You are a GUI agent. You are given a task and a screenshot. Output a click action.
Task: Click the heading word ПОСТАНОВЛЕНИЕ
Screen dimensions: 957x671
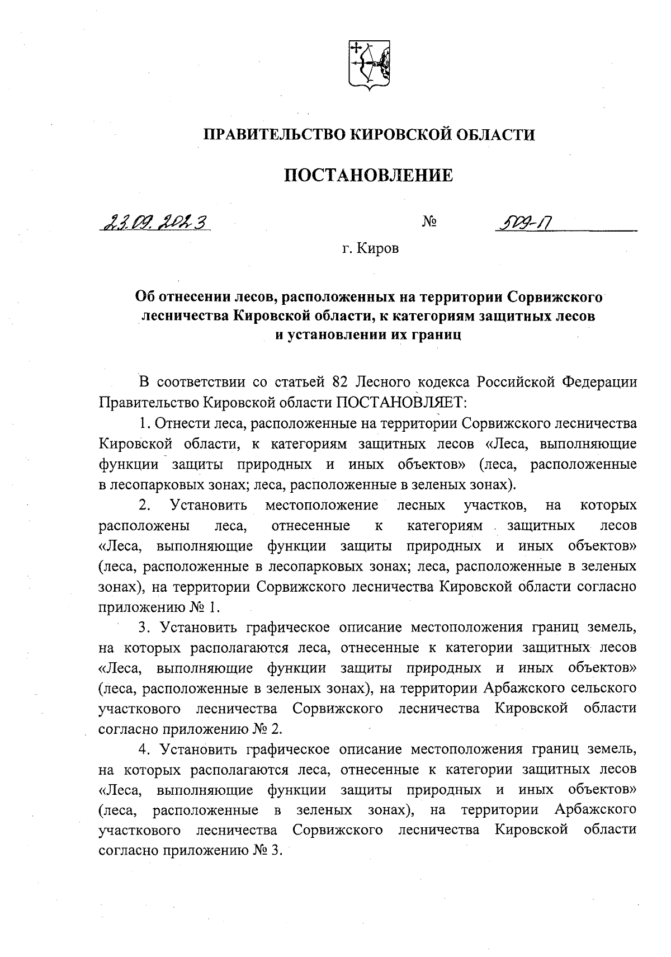point(368,176)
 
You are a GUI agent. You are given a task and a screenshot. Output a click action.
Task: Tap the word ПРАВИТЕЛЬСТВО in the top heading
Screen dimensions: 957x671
point(274,135)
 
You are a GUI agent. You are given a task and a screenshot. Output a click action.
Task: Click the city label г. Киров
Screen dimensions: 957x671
point(371,248)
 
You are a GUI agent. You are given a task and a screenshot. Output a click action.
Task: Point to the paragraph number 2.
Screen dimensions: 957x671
point(145,505)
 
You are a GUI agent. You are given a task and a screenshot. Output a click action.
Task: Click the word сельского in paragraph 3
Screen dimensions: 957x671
point(603,689)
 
